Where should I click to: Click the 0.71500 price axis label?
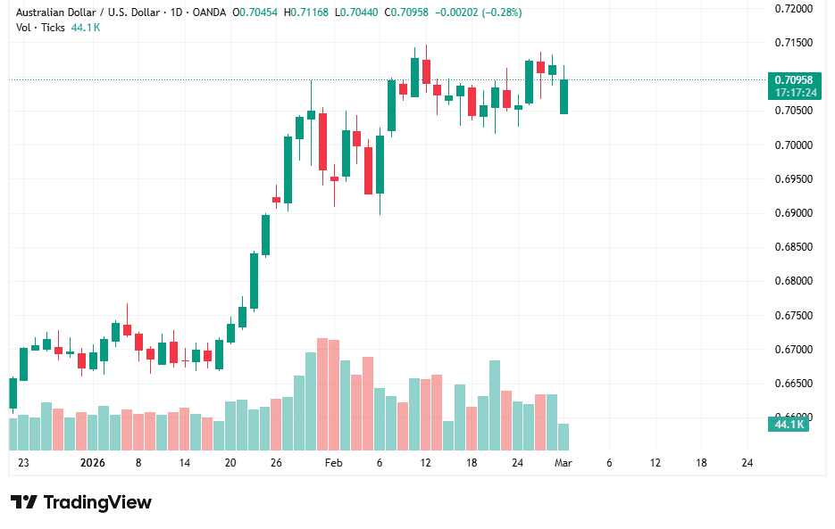pyautogui.click(x=794, y=43)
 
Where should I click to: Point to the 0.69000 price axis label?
pyautogui.click(x=794, y=213)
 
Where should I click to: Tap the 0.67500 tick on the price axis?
pyautogui.click(x=794, y=316)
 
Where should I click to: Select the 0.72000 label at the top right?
pyautogui.click(x=794, y=9)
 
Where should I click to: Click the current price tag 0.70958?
pyautogui.click(x=794, y=79)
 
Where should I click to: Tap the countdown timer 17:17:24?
pyautogui.click(x=794, y=92)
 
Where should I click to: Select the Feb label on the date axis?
pyautogui.click(x=333, y=463)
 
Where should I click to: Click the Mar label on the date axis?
pyautogui.click(x=563, y=463)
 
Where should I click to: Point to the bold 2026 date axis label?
pyautogui.click(x=92, y=463)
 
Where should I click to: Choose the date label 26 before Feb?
pyautogui.click(x=276, y=463)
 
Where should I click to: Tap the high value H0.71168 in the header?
pyautogui.click(x=307, y=12)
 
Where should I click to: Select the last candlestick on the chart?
pyautogui.click(x=564, y=96)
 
